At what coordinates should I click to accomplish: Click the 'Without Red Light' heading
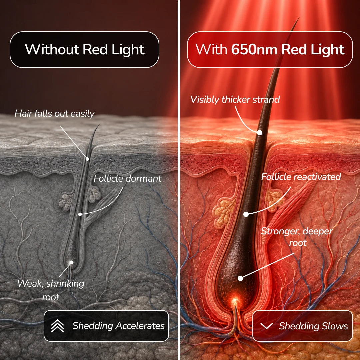85,49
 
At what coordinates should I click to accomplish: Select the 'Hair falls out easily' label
55,113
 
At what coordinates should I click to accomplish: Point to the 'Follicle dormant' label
128,178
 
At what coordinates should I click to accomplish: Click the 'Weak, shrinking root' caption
51,290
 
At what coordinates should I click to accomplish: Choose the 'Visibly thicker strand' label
235,100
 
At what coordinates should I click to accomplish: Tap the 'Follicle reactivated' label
301,177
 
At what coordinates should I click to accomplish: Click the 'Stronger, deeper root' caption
297,237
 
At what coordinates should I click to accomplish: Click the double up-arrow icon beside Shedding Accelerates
57,326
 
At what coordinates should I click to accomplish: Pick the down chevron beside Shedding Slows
267,326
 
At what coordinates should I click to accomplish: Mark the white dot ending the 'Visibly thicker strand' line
260,132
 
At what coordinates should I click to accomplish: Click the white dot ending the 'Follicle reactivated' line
246,214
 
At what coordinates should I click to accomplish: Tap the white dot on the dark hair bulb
240,278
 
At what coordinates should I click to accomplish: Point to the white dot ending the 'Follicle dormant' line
80,214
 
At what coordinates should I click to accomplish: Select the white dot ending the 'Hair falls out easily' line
87,159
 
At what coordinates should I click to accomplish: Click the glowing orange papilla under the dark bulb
235,301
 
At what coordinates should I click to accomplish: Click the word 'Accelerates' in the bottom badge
140,326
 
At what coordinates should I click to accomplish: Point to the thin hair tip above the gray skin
99,125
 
